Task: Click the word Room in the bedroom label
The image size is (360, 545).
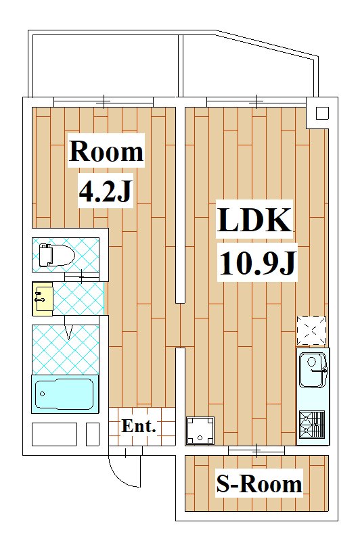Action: pos(106,151)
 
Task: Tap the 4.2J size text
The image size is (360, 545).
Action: pos(106,191)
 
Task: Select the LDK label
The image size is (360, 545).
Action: pos(254,219)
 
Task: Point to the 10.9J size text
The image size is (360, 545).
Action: pos(258,263)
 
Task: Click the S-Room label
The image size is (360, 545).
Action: pos(259,483)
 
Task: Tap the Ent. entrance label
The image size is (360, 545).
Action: pos(139,426)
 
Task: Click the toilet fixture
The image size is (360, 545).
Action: pos(57,255)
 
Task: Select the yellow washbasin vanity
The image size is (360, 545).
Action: pos(43,299)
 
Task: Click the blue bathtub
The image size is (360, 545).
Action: pos(65,394)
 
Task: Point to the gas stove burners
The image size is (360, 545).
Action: pos(312,425)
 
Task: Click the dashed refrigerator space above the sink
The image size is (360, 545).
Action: pos(311,331)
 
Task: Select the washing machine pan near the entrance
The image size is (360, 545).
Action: pos(200,431)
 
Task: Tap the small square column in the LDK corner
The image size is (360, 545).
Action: pos(322,114)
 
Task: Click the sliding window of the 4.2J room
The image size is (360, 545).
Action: pos(104,102)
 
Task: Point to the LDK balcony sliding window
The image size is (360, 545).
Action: pos(256,102)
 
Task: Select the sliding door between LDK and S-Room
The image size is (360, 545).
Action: pos(256,450)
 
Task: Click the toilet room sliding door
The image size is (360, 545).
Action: pos(82,277)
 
